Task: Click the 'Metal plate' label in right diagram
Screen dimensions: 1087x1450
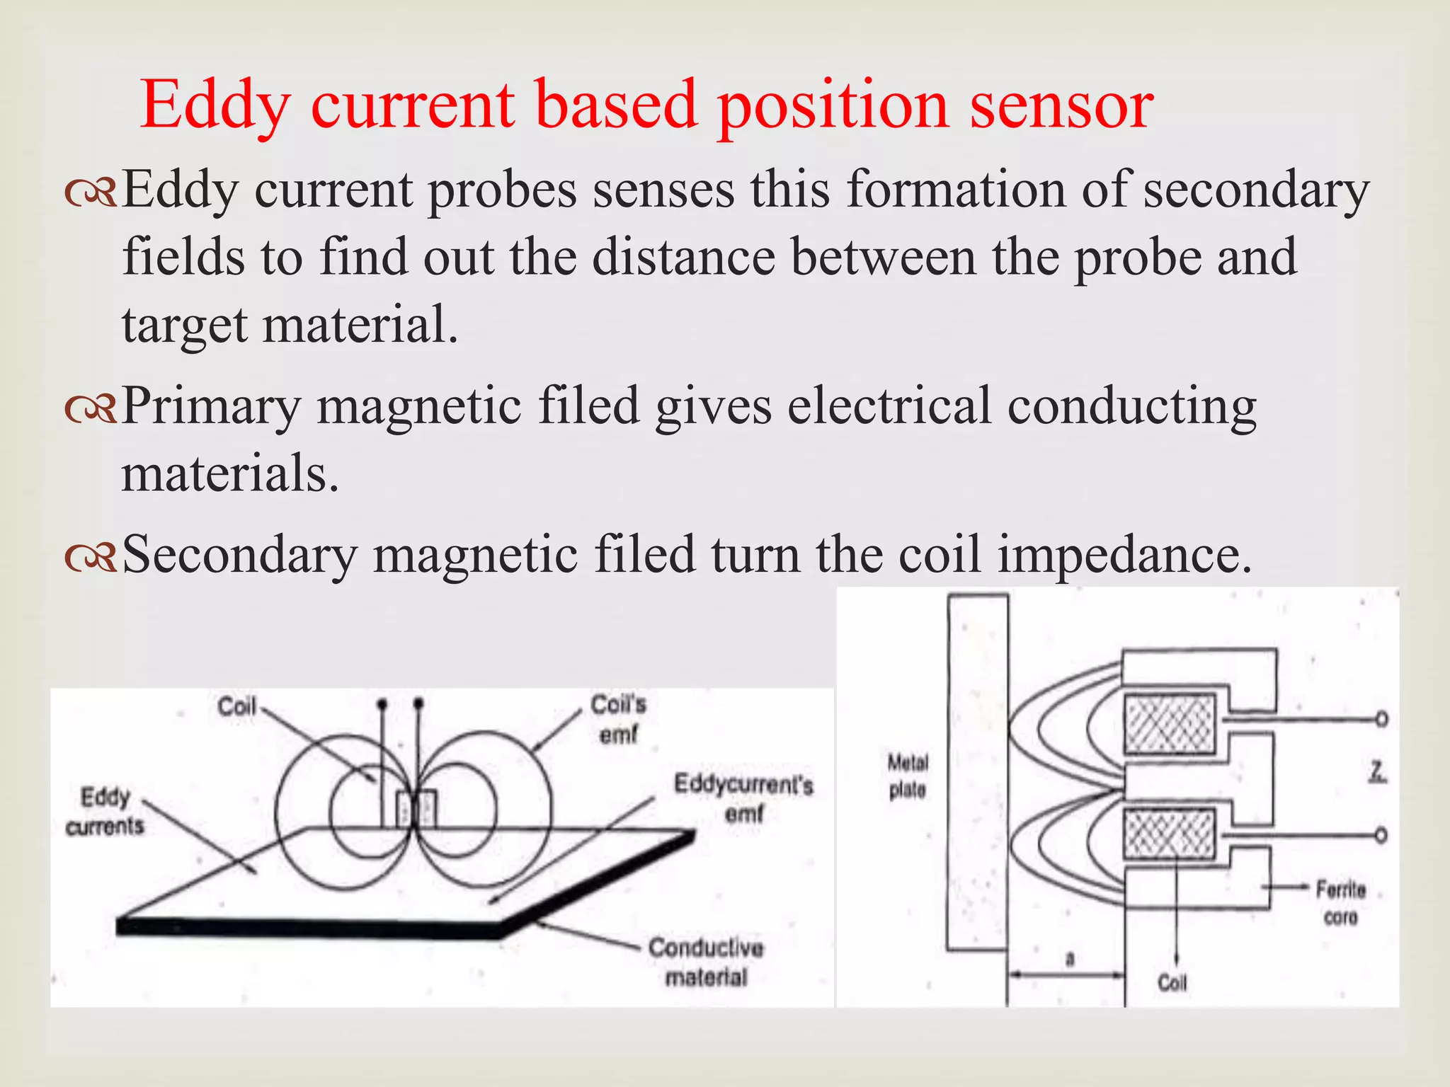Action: point(908,776)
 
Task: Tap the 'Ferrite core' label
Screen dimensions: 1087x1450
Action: point(1340,902)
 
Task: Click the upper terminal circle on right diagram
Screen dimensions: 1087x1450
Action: point(1381,720)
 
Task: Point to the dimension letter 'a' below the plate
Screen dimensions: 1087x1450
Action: point(1070,959)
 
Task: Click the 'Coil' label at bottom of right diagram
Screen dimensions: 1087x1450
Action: point(1172,982)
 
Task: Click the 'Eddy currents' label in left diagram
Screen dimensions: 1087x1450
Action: point(105,811)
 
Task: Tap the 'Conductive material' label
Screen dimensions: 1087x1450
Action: point(706,962)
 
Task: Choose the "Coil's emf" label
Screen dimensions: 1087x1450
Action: point(618,719)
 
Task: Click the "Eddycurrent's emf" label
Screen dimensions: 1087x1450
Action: point(743,798)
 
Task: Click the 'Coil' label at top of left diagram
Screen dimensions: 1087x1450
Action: point(236,706)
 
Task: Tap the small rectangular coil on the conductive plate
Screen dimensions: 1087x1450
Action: point(416,810)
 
